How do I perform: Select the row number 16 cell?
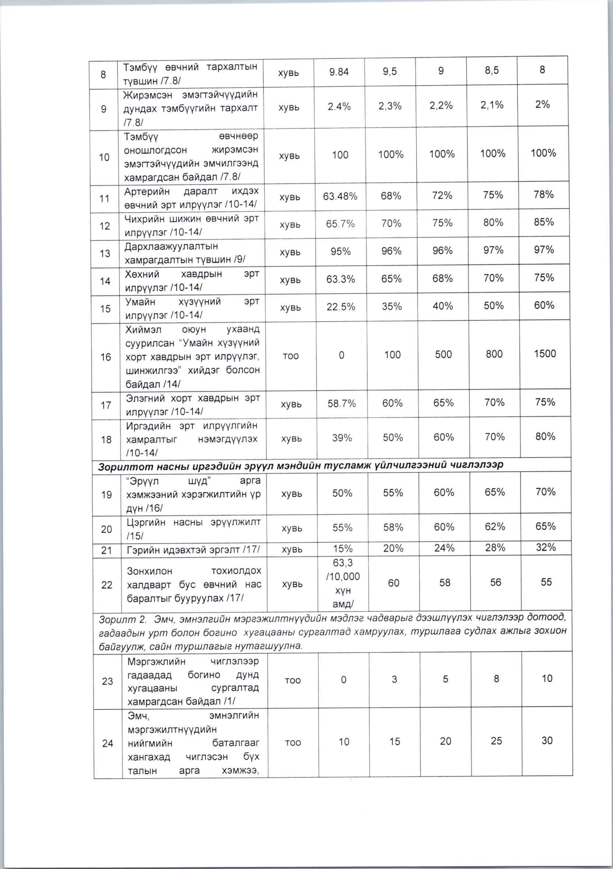click(106, 357)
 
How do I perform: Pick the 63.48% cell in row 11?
click(340, 196)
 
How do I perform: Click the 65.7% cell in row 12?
click(340, 224)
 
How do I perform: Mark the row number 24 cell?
click(108, 743)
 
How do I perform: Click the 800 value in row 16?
click(494, 354)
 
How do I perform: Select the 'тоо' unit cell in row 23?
click(293, 680)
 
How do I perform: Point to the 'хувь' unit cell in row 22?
click(292, 584)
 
